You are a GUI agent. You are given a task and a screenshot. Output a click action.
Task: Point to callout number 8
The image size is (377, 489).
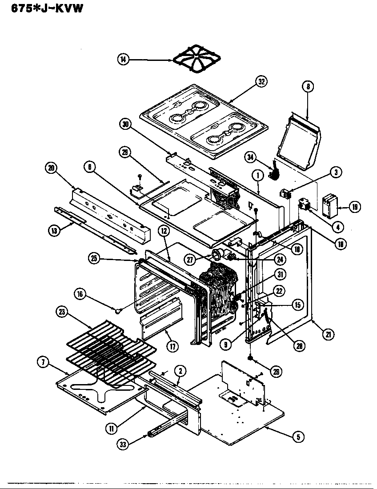coord(307,87)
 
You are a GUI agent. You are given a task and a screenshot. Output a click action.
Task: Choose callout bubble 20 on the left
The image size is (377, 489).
coord(51,168)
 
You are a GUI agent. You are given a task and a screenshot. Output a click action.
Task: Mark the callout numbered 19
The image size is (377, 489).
coord(354,206)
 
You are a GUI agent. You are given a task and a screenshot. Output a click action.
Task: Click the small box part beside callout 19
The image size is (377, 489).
coord(330,205)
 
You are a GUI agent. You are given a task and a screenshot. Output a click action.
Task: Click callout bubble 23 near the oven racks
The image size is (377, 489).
coord(61,313)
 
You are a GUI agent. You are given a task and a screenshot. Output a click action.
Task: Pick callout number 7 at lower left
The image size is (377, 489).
coord(43,362)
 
